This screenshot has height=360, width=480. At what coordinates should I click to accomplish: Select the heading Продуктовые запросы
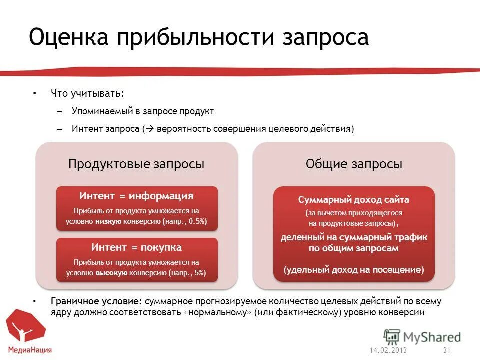click(x=136, y=164)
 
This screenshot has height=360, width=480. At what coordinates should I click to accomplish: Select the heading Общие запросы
click(x=354, y=164)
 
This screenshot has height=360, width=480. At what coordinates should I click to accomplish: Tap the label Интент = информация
click(x=136, y=196)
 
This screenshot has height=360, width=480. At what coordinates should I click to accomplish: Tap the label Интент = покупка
click(x=136, y=247)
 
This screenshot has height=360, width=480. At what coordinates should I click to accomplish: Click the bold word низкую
click(x=108, y=221)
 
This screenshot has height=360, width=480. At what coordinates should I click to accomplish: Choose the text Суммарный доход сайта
click(x=353, y=200)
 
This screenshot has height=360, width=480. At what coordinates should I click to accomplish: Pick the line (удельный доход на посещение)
click(x=353, y=270)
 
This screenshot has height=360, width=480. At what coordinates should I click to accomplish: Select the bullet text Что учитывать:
click(x=87, y=93)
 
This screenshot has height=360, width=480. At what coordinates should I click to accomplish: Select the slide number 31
click(x=447, y=350)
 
